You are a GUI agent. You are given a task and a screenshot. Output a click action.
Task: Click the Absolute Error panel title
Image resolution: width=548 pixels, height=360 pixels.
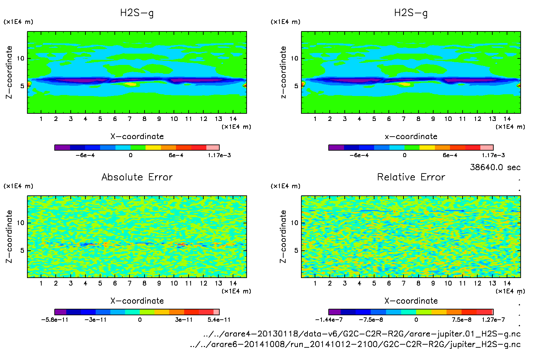click(x=137, y=177)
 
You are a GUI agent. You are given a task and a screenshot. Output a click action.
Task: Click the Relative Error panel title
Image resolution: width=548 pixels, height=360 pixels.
click(x=411, y=177)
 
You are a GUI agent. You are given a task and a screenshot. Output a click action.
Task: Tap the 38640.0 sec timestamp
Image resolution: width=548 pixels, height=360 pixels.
click(x=495, y=167)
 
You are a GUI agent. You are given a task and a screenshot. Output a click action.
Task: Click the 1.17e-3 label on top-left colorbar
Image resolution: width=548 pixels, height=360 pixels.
click(x=219, y=155)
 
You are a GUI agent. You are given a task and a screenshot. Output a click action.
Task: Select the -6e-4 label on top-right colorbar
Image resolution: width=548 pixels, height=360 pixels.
click(x=359, y=155)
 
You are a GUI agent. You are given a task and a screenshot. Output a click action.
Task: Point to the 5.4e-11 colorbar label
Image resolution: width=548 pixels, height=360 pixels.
click(x=219, y=320)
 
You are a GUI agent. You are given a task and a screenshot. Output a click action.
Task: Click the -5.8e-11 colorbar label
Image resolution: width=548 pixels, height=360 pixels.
click(x=55, y=320)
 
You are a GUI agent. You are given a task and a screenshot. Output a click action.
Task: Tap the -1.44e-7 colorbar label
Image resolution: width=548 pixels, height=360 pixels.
click(x=329, y=320)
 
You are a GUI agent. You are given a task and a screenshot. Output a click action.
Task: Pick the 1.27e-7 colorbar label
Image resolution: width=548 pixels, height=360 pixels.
click(x=493, y=320)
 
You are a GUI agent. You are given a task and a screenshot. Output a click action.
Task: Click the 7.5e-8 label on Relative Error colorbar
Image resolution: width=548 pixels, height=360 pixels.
click(x=462, y=320)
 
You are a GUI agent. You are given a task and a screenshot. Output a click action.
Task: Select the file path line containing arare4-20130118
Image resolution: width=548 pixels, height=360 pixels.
click(x=362, y=334)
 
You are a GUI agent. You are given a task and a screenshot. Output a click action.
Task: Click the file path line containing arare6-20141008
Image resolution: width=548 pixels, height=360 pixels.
click(x=355, y=344)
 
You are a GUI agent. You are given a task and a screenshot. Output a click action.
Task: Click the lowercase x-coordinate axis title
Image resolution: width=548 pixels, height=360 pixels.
click(x=411, y=137)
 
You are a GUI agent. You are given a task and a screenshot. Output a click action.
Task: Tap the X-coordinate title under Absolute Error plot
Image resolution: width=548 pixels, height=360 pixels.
click(x=137, y=301)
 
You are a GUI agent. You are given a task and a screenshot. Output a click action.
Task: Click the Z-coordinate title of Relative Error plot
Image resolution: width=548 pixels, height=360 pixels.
click(x=283, y=236)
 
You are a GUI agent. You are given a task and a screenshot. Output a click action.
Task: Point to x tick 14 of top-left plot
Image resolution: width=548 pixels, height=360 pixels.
click(x=233, y=119)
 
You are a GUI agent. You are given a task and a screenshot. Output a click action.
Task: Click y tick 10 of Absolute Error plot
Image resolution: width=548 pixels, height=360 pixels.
click(x=20, y=223)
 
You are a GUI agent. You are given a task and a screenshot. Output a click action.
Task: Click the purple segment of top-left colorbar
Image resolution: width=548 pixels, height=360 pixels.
click(x=62, y=148)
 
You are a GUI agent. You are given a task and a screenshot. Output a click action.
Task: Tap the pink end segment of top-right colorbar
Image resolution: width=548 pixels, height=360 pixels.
click(x=487, y=148)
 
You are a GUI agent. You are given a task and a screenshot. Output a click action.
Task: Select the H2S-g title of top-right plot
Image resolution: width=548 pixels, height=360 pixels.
click(x=411, y=13)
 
